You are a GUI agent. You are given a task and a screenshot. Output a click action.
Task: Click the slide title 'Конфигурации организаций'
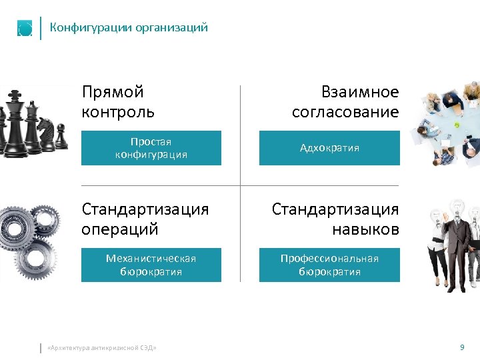pyautogui.click(x=129, y=28)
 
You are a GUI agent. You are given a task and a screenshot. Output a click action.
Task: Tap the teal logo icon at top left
pyautogui.click(x=25, y=29)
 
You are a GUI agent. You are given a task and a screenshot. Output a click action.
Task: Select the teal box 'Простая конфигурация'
pyautogui.click(x=151, y=147)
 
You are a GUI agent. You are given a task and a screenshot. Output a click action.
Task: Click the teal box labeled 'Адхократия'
pyautogui.click(x=329, y=147)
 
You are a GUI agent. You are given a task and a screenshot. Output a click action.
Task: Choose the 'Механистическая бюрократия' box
pyautogui.click(x=151, y=265)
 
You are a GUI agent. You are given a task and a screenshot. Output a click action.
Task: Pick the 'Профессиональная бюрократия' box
pyautogui.click(x=329, y=265)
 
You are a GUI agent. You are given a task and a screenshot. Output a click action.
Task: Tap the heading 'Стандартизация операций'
pyautogui.click(x=145, y=219)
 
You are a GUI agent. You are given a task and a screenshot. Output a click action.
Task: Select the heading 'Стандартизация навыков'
pyautogui.click(x=335, y=219)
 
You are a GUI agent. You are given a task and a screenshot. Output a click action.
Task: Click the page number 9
pyautogui.click(x=462, y=347)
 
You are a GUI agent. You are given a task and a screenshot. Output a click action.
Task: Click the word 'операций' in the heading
pyautogui.click(x=120, y=229)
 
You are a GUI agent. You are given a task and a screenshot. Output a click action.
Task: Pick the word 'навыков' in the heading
pyautogui.click(x=365, y=229)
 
